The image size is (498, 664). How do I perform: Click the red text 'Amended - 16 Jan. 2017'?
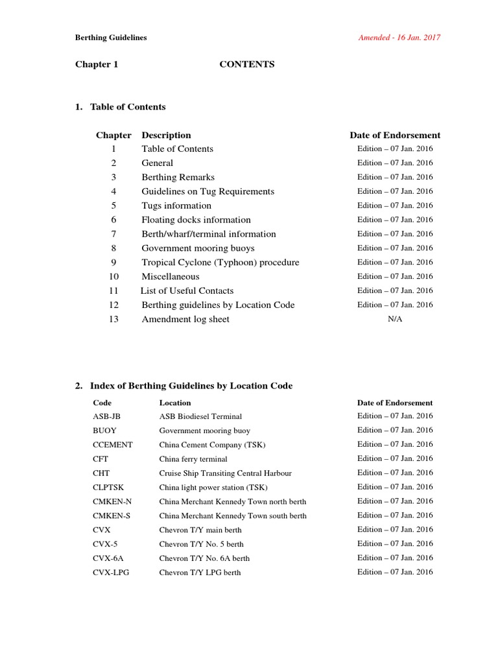coord(399,38)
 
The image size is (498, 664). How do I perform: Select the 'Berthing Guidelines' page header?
coord(111,38)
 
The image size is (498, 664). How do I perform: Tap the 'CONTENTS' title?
coord(246,64)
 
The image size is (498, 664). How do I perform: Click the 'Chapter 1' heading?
coord(97,64)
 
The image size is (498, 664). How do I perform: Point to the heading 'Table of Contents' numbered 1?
coord(127,107)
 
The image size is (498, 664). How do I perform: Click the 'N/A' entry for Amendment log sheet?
coord(394,320)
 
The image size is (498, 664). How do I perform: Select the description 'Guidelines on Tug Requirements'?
coord(207,191)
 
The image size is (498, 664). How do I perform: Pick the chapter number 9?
coord(113,263)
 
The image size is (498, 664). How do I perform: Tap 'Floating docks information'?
coord(196,220)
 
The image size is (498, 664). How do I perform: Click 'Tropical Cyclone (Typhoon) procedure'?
coord(220,263)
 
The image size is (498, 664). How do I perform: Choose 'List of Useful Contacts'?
coord(187,291)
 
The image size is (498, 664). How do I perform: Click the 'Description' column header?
coord(166,136)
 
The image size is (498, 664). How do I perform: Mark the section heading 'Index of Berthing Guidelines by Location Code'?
coord(191,386)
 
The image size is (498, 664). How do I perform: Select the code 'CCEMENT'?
coord(112,445)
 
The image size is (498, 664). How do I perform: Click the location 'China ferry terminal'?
coord(193,459)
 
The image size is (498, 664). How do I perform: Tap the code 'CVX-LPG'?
coord(111,573)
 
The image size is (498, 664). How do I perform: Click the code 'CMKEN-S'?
coord(112,516)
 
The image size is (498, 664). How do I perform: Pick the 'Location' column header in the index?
coord(175,403)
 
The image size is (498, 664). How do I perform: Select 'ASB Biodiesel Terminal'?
coord(200,416)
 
